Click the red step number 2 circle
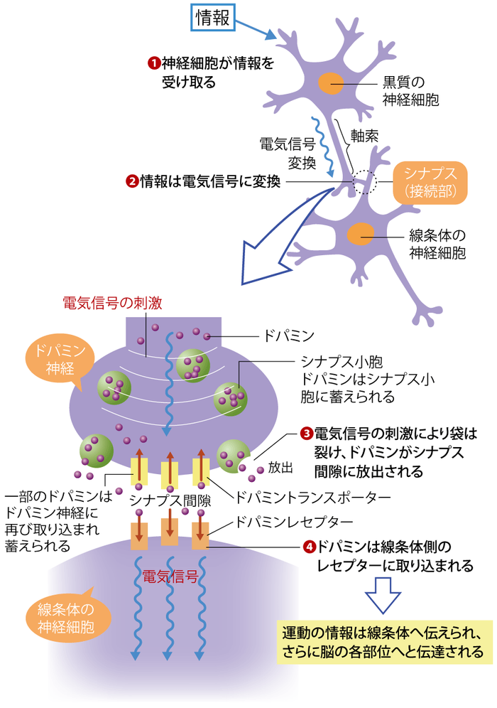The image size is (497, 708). tap(131, 181)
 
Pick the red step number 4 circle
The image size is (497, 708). tap(307, 547)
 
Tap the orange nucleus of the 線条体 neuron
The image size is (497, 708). tap(361, 233)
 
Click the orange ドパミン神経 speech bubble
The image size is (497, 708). tap(53, 361)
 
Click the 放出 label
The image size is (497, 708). tap(280, 468)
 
